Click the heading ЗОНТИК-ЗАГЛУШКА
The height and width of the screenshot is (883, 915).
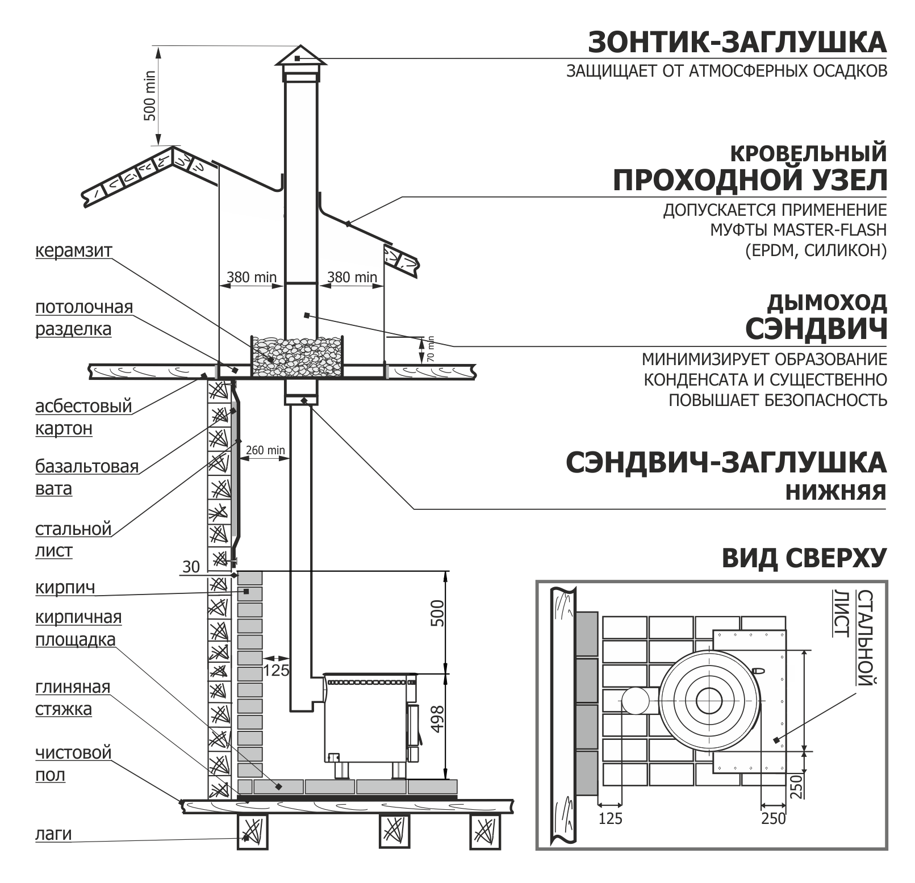(737, 43)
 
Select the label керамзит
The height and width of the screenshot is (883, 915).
(74, 250)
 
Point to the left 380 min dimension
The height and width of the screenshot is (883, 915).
(251, 278)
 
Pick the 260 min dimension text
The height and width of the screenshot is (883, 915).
(265, 450)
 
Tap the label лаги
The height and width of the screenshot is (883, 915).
(53, 834)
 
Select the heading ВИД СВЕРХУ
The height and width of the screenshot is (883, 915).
(804, 559)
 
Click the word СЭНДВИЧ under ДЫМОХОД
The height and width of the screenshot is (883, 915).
(816, 329)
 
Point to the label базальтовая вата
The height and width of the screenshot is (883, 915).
(86, 477)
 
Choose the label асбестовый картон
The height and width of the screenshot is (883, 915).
(83, 417)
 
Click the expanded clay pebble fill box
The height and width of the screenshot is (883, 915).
(296, 356)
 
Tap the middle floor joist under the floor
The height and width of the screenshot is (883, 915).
(394, 831)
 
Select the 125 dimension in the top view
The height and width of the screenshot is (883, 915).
(611, 818)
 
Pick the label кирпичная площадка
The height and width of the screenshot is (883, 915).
(78, 628)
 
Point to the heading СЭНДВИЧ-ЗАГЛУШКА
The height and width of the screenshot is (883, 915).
(725, 463)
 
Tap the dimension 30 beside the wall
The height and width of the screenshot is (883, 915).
(191, 566)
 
